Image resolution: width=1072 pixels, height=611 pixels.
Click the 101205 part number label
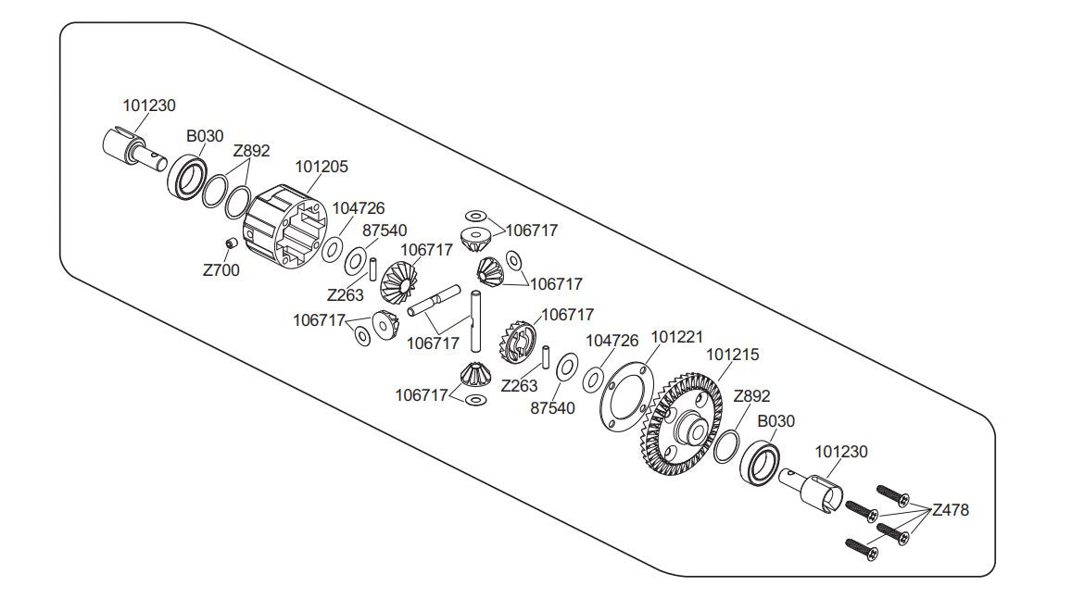(322, 167)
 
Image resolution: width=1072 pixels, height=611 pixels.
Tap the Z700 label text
(221, 271)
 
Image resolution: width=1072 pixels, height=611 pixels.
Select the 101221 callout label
(676, 337)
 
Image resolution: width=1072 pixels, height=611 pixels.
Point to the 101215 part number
(732, 355)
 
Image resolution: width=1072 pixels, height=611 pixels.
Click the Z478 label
(950, 509)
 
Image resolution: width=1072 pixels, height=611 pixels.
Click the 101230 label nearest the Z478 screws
(840, 452)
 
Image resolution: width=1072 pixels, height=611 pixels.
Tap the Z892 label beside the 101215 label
(751, 396)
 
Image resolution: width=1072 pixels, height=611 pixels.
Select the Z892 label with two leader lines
(251, 151)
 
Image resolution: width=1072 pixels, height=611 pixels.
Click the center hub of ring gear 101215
(690, 428)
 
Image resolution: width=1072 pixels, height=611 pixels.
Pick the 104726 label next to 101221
(612, 341)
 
